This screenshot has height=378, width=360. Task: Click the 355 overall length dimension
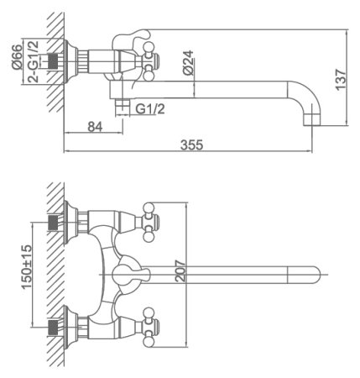click(x=191, y=144)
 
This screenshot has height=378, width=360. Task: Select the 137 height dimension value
click(x=339, y=78)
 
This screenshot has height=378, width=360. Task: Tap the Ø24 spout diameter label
click(x=189, y=63)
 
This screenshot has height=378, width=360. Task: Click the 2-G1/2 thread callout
click(x=34, y=59)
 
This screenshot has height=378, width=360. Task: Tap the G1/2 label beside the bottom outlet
click(x=149, y=108)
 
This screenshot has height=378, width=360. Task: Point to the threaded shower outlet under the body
click(x=123, y=105)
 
